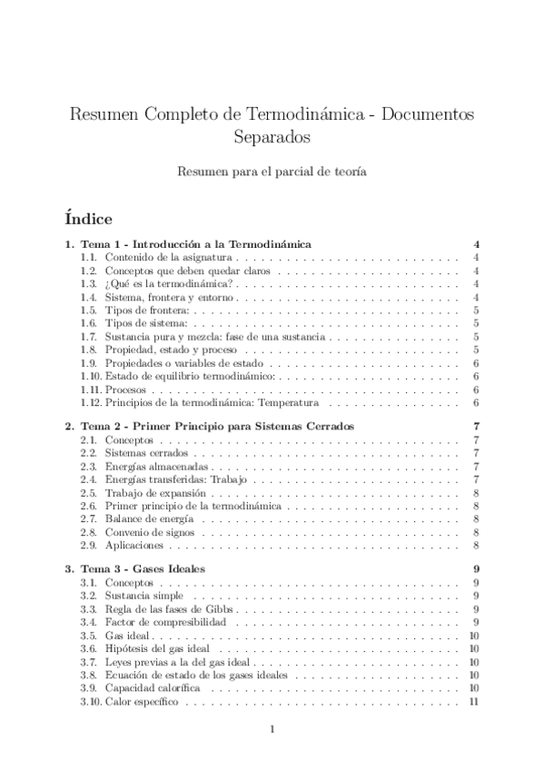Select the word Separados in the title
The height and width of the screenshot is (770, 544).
pos(272,138)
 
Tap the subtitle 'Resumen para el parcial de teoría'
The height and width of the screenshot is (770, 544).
pos(272,172)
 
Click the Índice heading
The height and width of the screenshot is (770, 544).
pos(88,219)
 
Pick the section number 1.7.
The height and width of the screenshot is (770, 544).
pos(88,337)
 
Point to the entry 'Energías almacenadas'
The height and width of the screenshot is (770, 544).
pos(152,467)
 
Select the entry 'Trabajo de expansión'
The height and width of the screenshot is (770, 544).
pos(150,493)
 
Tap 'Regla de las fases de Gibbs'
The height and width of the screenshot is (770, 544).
pos(165,609)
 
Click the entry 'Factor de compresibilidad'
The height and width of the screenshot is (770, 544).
pos(164,623)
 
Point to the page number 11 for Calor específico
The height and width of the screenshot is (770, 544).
pos(473,702)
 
